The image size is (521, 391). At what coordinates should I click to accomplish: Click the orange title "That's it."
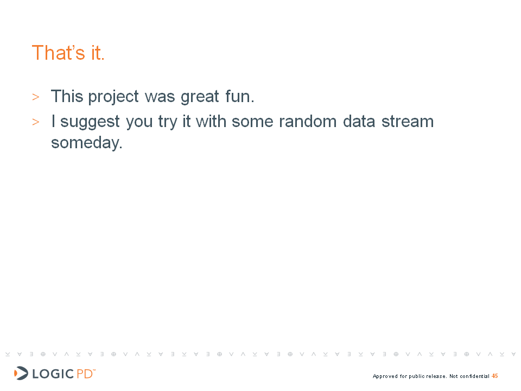(68, 53)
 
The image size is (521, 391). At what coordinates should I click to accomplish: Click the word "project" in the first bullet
(113, 97)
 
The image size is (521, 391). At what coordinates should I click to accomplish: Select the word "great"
(200, 97)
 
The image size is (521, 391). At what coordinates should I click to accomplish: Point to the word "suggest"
(90, 122)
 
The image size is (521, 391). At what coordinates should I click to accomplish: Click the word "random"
(308, 121)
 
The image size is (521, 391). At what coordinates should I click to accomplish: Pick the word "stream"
(408, 121)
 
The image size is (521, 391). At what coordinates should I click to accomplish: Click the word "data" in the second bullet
(359, 121)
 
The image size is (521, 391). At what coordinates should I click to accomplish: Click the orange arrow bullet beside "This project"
(36, 97)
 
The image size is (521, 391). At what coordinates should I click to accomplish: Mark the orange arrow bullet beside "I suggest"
(36, 122)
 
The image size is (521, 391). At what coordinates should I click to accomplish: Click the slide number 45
(495, 376)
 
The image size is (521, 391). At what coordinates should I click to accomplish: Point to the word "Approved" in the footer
(385, 376)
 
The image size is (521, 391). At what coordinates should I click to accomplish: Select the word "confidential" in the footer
(474, 376)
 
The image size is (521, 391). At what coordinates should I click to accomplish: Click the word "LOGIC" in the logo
(53, 374)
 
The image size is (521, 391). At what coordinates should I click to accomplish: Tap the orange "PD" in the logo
(85, 374)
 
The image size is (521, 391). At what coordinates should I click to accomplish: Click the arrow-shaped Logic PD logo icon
(21, 373)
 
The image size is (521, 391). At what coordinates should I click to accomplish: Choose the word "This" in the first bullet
(67, 96)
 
